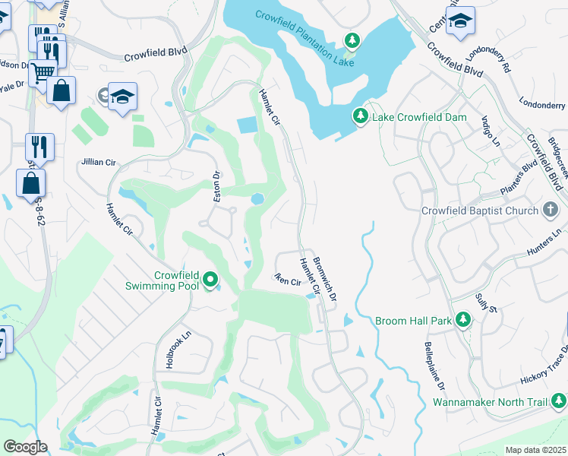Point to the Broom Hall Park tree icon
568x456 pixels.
tap(462, 321)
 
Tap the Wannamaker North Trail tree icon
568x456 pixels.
tap(558, 401)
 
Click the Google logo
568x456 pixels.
tap(24, 447)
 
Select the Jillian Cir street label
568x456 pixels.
tap(99, 163)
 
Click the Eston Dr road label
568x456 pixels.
tap(216, 187)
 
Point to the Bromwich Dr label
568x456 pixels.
tap(323, 274)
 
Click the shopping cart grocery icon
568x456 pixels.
tap(42, 72)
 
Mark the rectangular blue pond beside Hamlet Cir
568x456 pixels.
tap(247, 125)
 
